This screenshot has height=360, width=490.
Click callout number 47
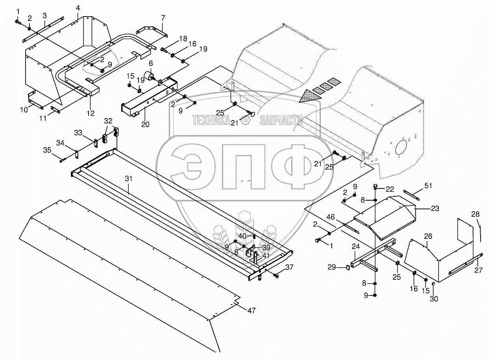pyautogui.click(x=251, y=310)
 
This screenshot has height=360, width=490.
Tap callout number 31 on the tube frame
pyautogui.click(x=129, y=178)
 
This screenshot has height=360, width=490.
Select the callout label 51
pyautogui.click(x=428, y=186)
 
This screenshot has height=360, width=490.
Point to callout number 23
pyautogui.click(x=435, y=209)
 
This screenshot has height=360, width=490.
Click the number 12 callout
pyautogui.click(x=91, y=113)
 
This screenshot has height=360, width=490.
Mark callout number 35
pyautogui.click(x=47, y=150)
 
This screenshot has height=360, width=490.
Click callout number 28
pyautogui.click(x=475, y=214)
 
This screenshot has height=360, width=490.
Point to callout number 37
pyautogui.click(x=289, y=267)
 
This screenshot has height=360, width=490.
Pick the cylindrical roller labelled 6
pyautogui.click(x=150, y=75)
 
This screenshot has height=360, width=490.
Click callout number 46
pyautogui.click(x=331, y=216)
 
